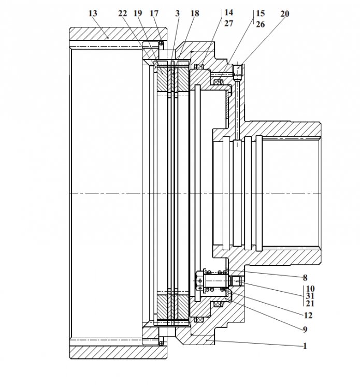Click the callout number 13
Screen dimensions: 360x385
[x=93, y=13]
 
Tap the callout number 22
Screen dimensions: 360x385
[x=123, y=13]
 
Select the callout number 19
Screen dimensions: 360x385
[x=138, y=13]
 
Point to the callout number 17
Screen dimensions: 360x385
[x=154, y=13]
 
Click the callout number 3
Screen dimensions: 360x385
[x=178, y=13]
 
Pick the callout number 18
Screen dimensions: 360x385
[x=195, y=13]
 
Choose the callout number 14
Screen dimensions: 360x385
[x=229, y=12]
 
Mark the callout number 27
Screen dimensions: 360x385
[x=229, y=23]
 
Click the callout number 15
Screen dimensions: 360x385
[x=261, y=13]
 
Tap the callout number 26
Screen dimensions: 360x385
[x=261, y=24]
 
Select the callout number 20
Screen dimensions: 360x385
[x=285, y=14]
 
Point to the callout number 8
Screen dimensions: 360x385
[x=305, y=278]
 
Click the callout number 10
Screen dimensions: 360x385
[x=310, y=289]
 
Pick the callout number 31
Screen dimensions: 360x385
[x=310, y=296]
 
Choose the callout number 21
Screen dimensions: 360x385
[x=310, y=304]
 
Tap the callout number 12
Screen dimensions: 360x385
[x=308, y=315]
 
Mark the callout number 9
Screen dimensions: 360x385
[x=305, y=330]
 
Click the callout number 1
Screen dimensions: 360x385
[x=305, y=346]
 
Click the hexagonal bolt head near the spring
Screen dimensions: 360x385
[x=199, y=281]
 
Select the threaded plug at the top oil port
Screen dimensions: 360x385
[x=238, y=70]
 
